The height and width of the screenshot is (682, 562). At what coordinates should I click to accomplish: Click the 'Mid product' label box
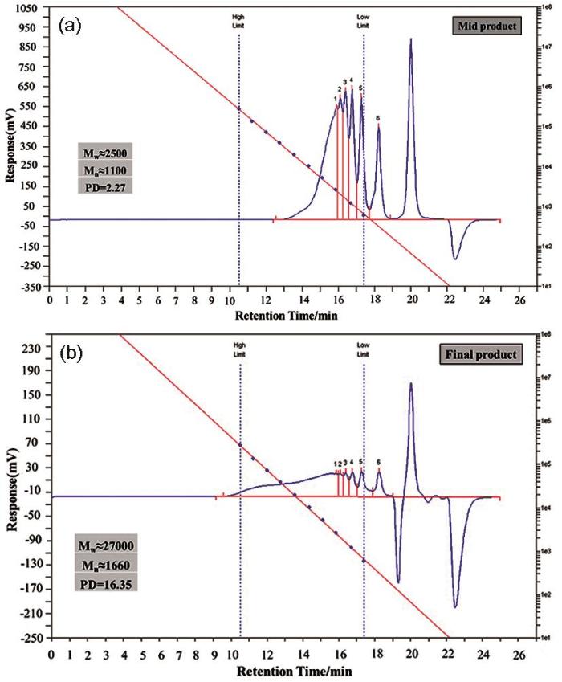(485, 27)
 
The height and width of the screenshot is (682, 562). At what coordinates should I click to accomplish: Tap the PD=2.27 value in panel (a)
(101, 187)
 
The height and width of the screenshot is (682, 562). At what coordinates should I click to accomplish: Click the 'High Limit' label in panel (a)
(238, 20)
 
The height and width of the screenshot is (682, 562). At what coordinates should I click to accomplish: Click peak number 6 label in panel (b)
(377, 462)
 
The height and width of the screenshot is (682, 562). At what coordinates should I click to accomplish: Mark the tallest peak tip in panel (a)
(411, 39)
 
